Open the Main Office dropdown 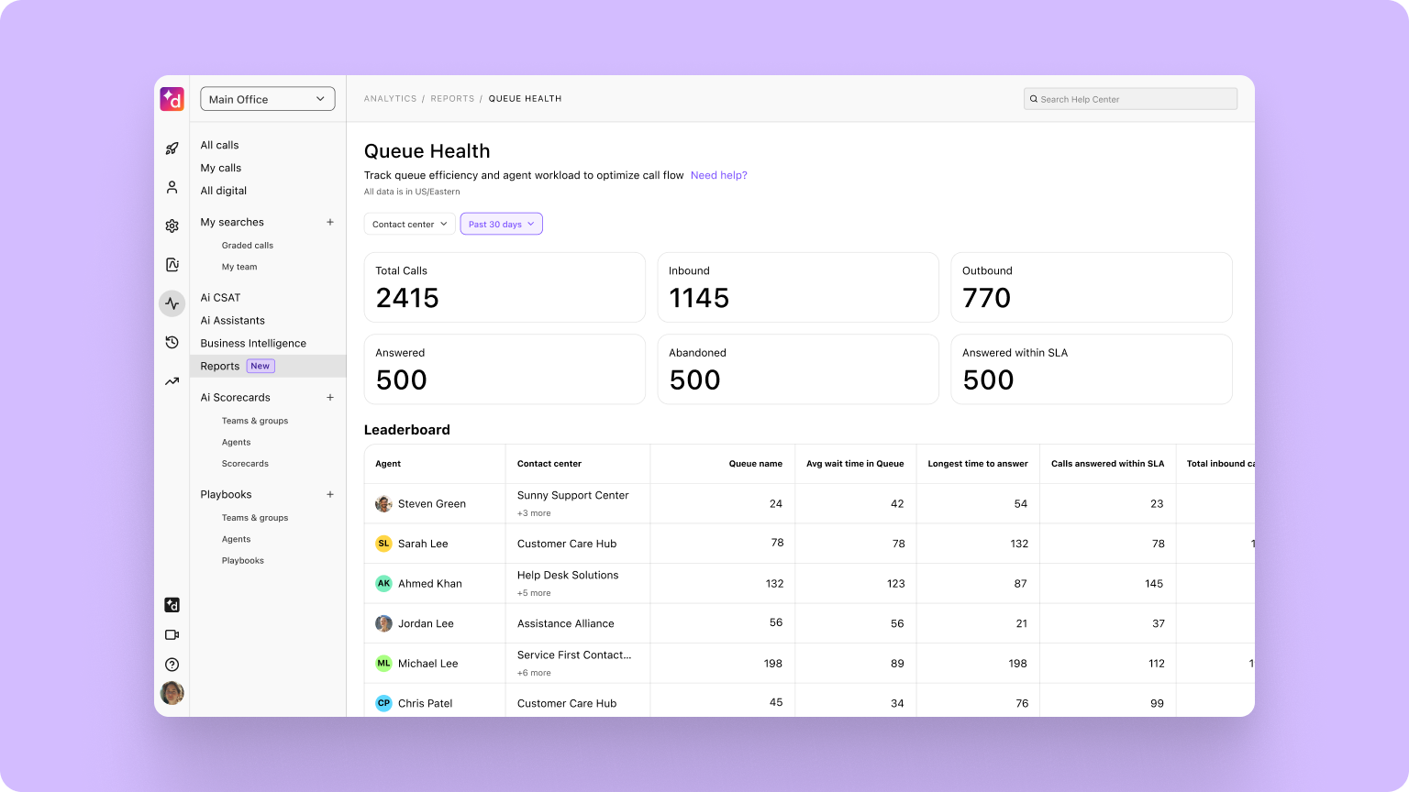tap(267, 99)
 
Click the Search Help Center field tap(1130, 99)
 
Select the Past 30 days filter tap(501, 224)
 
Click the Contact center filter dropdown tap(409, 224)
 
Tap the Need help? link tap(718, 175)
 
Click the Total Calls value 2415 tap(407, 298)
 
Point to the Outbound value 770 tap(986, 298)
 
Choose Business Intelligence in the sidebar tap(253, 343)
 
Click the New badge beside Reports tap(261, 366)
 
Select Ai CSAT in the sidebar tap(220, 297)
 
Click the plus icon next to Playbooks tap(330, 494)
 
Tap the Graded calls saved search tap(247, 246)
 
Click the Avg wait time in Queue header tap(855, 464)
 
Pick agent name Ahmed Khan tap(429, 584)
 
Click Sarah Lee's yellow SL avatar tap(383, 544)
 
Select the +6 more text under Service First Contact tap(534, 673)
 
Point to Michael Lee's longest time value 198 tap(1017, 664)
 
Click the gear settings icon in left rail tap(172, 225)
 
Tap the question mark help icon tap(172, 665)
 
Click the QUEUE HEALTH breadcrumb tap(525, 99)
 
